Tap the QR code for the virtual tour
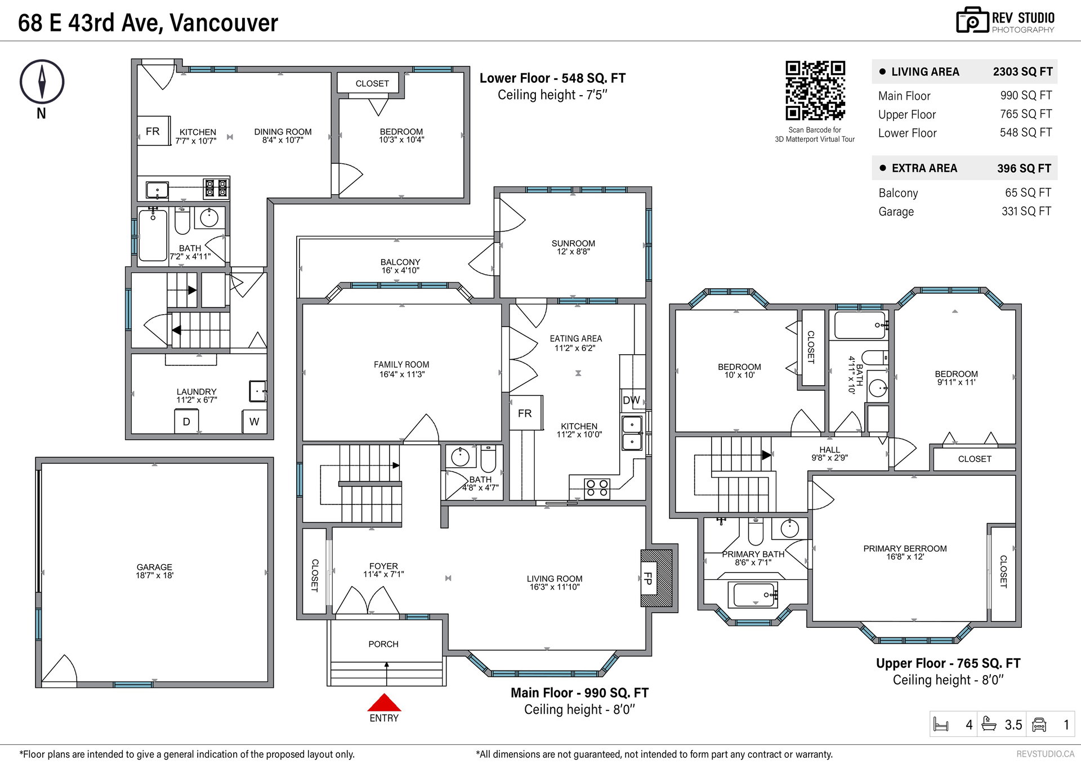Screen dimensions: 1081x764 (x=815, y=90)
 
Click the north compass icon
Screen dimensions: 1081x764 (x=42, y=82)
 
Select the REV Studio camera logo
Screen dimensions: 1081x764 (x=972, y=20)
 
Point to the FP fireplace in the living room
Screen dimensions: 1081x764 (x=656, y=578)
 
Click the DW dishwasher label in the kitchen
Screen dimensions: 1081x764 (x=631, y=400)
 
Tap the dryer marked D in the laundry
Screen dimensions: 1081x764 (x=186, y=422)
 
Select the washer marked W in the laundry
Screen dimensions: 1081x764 (x=254, y=422)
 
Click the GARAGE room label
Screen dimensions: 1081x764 (x=154, y=567)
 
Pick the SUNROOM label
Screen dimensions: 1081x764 (x=573, y=243)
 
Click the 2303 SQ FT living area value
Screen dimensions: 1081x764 (x=1022, y=72)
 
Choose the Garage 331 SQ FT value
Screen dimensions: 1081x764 (x=1026, y=211)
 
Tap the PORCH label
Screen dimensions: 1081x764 (x=383, y=644)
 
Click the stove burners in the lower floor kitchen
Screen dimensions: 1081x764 (x=217, y=187)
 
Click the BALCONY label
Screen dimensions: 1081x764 (x=400, y=262)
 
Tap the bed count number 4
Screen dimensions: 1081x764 (x=969, y=725)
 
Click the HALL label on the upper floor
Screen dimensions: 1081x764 (x=830, y=450)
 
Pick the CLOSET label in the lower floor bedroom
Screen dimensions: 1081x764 (x=372, y=83)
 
